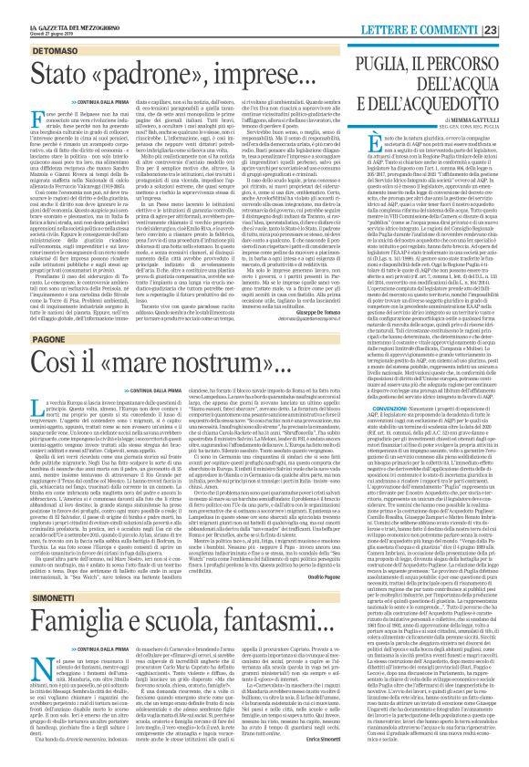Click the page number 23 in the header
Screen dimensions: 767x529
(515, 7)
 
